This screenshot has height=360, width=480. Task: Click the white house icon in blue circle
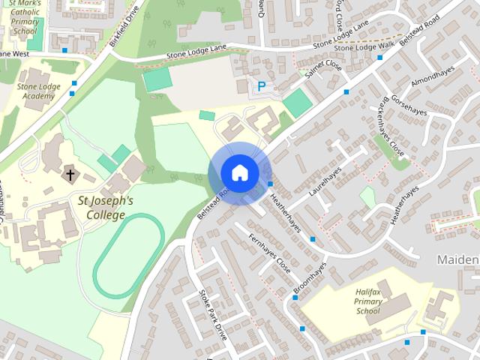[239, 173]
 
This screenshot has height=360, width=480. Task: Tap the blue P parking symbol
[261, 87]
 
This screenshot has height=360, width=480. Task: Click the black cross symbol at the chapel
[70, 175]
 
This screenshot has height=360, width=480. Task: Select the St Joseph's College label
[106, 208]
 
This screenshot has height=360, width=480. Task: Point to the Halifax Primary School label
[368, 300]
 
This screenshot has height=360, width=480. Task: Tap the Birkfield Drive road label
[124, 27]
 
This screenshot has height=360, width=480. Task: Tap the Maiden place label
[457, 259]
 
